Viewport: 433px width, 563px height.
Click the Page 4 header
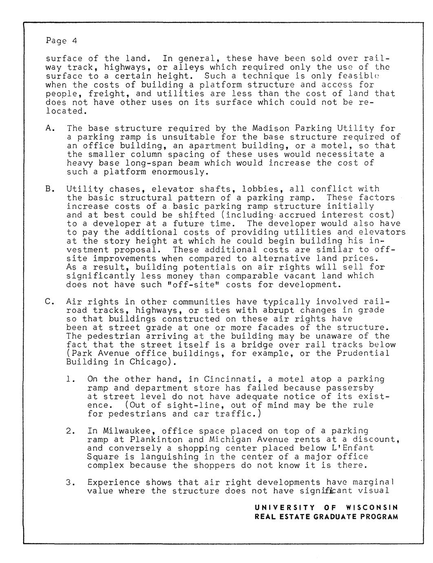click(x=61, y=41)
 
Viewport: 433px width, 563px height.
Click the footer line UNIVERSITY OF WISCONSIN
click(x=326, y=508)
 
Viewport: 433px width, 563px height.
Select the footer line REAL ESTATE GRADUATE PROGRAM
click(x=326, y=517)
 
